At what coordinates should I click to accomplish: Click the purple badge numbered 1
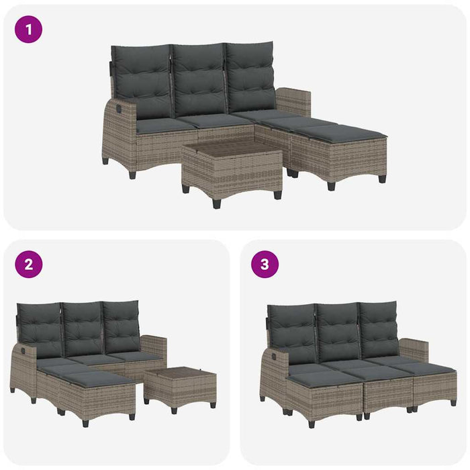(28, 30)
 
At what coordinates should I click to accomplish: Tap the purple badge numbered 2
(28, 265)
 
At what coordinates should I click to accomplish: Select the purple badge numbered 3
(265, 265)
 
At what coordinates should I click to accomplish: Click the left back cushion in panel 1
(143, 80)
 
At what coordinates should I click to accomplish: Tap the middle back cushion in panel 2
(83, 329)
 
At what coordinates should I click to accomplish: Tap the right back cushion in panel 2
(122, 327)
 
